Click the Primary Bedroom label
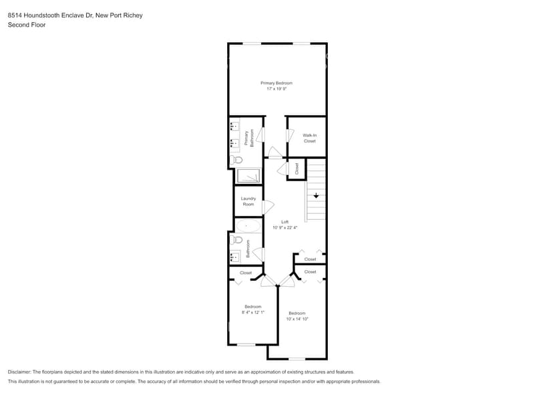coord(276,83)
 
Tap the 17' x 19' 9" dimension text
coord(276,89)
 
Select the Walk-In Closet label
coord(309,138)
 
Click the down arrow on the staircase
coord(317,195)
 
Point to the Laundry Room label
coord(248,201)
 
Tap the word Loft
coord(285,222)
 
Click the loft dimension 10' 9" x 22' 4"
coord(285,228)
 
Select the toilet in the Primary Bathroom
coord(236,160)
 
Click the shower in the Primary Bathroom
coord(250,176)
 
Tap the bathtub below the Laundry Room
coord(248,226)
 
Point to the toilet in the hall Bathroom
coord(236,240)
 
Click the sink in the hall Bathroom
coord(234,257)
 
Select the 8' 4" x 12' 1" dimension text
coord(252,312)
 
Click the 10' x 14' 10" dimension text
coord(297,319)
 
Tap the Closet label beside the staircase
coord(297,169)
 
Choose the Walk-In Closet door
coord(291,134)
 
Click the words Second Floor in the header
coord(27,25)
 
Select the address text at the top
coord(75,15)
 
